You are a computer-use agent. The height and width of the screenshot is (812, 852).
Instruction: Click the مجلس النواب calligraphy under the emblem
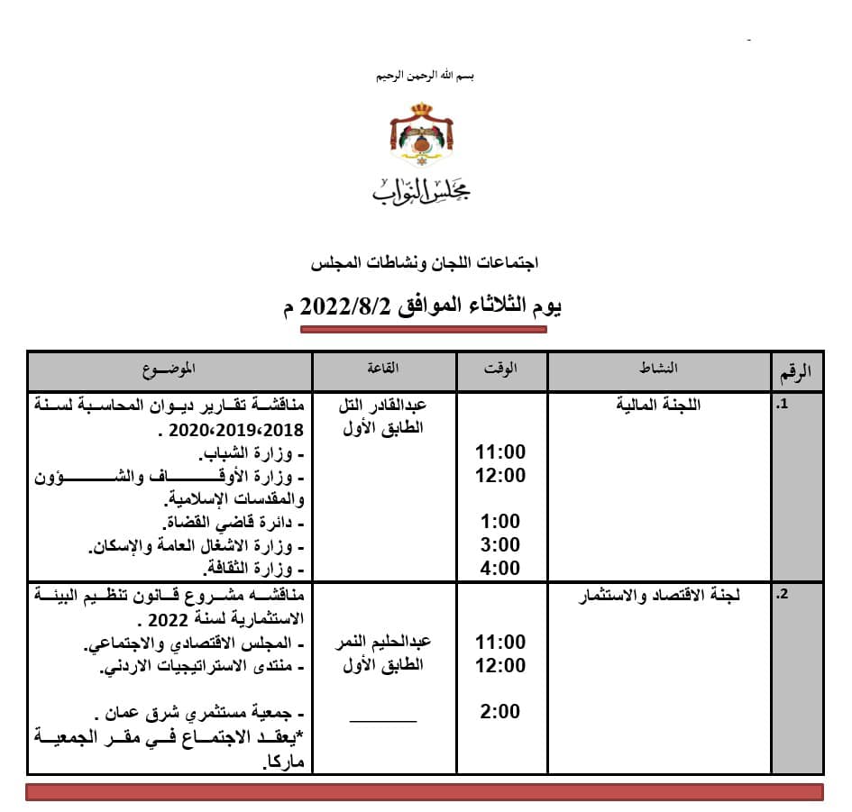point(422,187)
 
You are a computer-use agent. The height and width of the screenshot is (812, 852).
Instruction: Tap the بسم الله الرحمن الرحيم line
point(425,76)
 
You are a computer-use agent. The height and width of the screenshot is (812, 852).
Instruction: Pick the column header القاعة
point(385,369)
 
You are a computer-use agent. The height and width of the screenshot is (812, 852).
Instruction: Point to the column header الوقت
point(500,369)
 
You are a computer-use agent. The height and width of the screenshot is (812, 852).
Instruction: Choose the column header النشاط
point(658,369)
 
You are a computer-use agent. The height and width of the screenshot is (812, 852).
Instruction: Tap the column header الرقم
point(794,370)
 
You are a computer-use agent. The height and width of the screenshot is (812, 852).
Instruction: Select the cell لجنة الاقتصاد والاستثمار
point(658,596)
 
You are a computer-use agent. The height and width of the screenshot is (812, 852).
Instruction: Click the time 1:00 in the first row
point(500,522)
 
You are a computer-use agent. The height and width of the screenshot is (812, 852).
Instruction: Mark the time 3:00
point(500,545)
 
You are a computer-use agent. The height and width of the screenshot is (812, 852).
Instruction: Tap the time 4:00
point(500,569)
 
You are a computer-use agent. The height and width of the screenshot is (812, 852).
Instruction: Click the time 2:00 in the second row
point(500,712)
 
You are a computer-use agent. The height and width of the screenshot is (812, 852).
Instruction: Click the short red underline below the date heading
point(423,330)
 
